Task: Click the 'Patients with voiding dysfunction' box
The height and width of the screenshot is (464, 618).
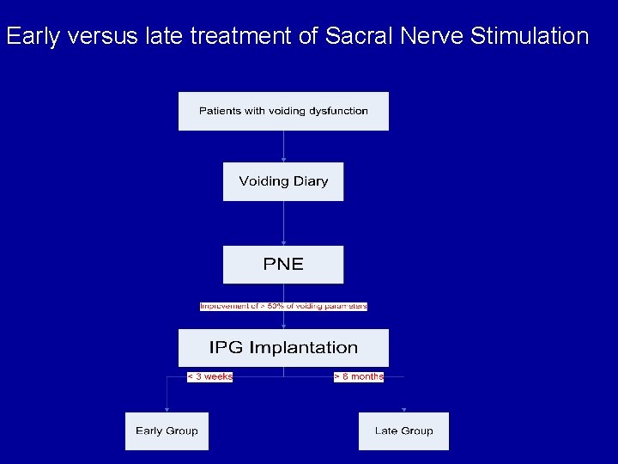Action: coord(283,111)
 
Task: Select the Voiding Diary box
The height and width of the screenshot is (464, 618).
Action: coord(283,181)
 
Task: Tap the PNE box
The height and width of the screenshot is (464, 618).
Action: coord(283,265)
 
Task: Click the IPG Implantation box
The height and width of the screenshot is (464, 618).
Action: coord(283,348)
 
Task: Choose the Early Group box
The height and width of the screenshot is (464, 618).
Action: coord(167,431)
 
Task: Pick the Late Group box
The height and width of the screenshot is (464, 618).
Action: coord(403,431)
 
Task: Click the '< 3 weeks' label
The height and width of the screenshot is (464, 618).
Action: coord(210,376)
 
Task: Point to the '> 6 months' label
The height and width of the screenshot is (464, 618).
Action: coord(359,376)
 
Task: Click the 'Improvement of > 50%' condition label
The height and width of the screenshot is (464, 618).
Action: coord(283,306)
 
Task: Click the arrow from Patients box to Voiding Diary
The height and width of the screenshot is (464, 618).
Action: coord(283,146)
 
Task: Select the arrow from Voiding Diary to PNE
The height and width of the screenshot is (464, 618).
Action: coord(283,223)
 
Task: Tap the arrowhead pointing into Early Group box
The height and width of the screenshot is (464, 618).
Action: coord(167,410)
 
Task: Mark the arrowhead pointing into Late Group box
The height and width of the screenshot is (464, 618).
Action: coord(403,410)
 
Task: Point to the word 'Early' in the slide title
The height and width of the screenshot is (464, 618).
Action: coord(30,36)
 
